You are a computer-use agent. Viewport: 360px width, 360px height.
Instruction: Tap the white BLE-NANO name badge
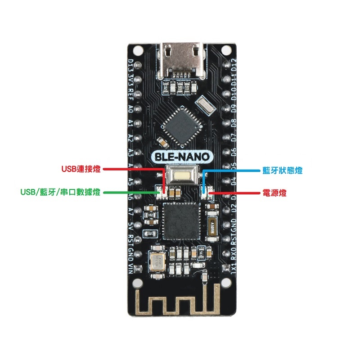click(180, 157)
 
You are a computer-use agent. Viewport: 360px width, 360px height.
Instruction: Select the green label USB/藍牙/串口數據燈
click(61, 192)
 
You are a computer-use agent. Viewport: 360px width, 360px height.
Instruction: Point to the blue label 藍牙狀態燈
click(282, 171)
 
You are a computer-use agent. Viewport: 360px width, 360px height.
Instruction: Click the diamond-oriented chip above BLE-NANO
click(180, 126)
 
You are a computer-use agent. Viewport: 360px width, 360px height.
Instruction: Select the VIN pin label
click(130, 268)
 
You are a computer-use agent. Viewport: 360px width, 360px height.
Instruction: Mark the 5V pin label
click(130, 224)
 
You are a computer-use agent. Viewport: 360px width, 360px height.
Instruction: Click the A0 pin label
click(130, 109)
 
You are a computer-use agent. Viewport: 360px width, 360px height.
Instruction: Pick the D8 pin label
click(233, 123)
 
